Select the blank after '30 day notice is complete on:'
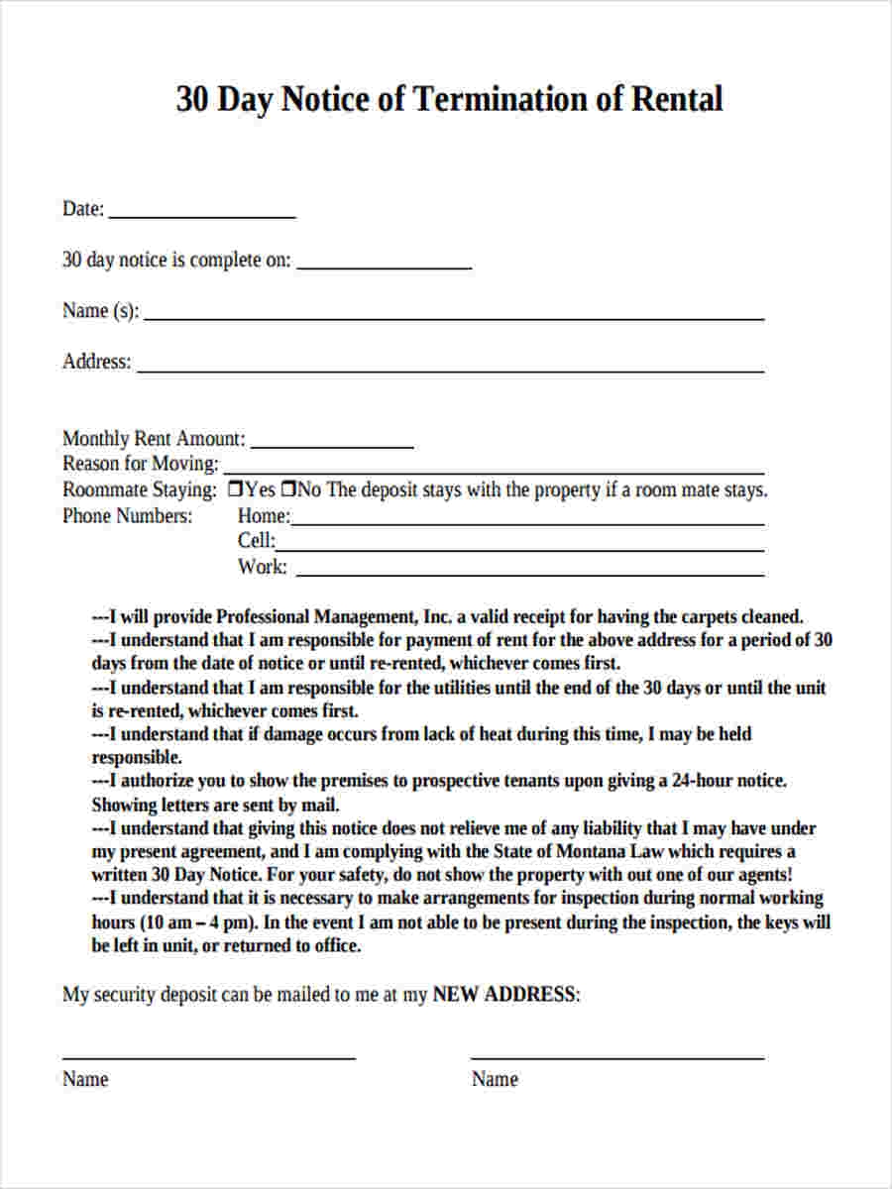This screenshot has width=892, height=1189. pyautogui.click(x=384, y=267)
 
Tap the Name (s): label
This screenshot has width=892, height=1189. pyautogui.click(x=100, y=311)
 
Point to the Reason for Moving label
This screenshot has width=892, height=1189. pyautogui.click(x=140, y=464)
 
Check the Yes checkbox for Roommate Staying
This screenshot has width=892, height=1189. pyautogui.click(x=235, y=489)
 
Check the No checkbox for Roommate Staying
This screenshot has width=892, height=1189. pyautogui.click(x=289, y=489)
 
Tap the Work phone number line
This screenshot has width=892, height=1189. pyautogui.click(x=530, y=574)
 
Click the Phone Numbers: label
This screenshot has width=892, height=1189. pyautogui.click(x=127, y=516)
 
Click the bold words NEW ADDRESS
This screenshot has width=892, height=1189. pyautogui.click(x=503, y=995)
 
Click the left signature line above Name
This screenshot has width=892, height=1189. pyautogui.click(x=208, y=1057)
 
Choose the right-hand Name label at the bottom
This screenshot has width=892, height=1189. pyautogui.click(x=494, y=1079)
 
